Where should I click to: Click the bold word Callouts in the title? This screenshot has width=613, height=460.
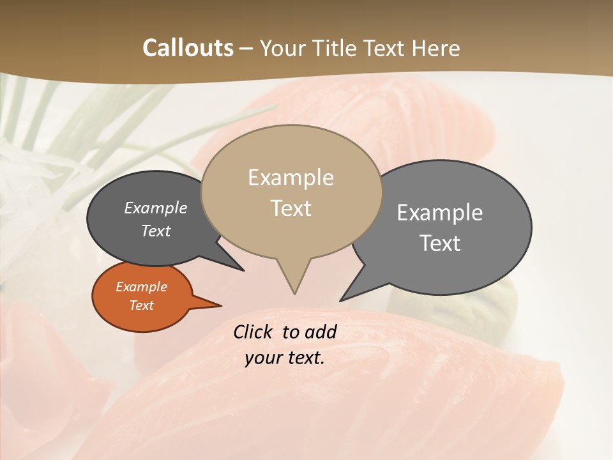tap(188, 48)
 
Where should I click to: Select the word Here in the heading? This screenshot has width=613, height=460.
tap(436, 48)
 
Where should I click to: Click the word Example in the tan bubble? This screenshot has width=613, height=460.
tap(291, 178)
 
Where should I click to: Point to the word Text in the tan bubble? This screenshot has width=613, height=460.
tap(291, 208)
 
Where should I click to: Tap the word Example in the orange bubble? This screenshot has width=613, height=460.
tap(141, 287)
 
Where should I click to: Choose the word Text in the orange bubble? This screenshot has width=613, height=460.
tap(141, 305)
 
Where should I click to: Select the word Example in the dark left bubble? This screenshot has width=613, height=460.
tap(155, 208)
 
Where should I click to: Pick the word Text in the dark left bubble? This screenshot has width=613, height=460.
tap(155, 231)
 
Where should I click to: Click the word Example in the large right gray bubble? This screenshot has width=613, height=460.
tap(440, 212)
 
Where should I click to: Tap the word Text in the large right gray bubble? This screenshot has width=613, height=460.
tap(440, 243)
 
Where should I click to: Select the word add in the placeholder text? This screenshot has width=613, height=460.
tap(321, 332)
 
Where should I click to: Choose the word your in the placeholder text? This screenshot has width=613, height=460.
tap(263, 357)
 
